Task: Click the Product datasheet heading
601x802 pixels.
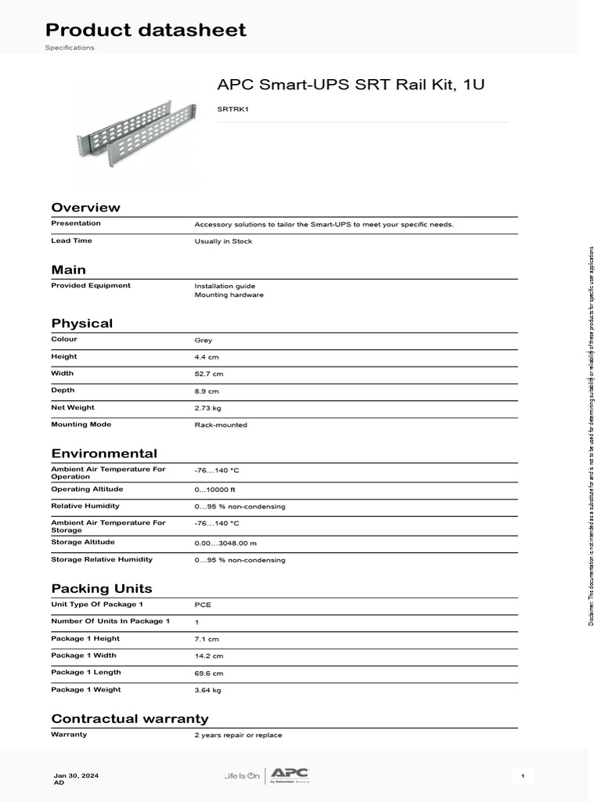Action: [146, 31]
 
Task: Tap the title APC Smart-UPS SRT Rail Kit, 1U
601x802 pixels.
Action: [351, 84]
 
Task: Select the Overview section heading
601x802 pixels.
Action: [86, 208]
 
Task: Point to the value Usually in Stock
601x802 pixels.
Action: [223, 242]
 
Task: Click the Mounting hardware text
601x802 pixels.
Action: [229, 295]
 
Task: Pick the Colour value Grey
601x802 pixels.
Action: [203, 341]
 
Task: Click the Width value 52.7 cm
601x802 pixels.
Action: [209, 374]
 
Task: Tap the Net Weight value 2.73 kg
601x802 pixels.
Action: [208, 408]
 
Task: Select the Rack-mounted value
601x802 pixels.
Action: [221, 425]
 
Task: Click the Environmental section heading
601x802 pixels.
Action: [104, 453]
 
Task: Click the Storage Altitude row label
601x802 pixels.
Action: [82, 542]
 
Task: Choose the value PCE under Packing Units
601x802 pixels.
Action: [203, 605]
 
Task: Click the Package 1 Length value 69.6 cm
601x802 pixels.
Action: [209, 674]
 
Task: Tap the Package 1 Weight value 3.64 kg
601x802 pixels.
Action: [208, 691]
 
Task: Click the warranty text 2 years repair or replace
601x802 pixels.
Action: [238, 735]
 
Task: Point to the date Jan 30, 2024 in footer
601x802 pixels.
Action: [76, 775]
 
